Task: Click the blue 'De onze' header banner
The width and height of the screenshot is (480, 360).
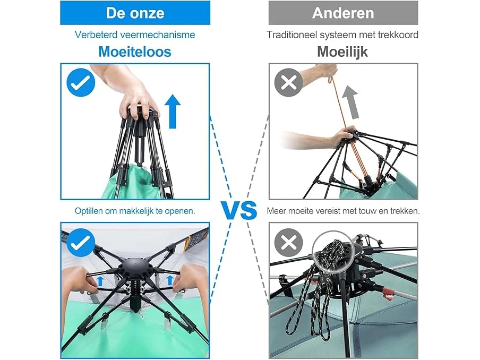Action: [x=135, y=13]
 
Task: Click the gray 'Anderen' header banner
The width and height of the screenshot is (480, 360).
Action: [x=343, y=13]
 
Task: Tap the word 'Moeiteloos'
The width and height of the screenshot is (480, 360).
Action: [x=135, y=52]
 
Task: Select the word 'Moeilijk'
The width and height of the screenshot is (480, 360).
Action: [x=342, y=52]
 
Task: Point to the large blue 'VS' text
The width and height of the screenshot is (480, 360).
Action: [x=239, y=211]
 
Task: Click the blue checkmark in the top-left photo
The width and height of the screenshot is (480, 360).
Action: [x=81, y=82]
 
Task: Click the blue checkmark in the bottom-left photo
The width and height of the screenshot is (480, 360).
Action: [x=81, y=243]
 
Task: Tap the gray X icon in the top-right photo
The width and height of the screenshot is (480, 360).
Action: [x=289, y=82]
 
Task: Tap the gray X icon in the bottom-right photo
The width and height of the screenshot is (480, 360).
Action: [x=289, y=243]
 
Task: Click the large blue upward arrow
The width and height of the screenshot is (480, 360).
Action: [x=173, y=112]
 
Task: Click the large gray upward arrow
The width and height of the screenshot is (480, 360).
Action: [x=351, y=102]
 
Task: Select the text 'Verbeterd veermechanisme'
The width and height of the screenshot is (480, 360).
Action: [x=135, y=35]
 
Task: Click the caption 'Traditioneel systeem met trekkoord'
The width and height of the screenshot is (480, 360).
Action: [x=342, y=35]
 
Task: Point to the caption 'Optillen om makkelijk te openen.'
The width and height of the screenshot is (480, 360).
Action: [x=135, y=211]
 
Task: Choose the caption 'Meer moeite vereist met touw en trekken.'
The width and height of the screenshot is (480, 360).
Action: [x=343, y=211]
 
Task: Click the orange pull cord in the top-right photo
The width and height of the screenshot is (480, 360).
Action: [x=346, y=128]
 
